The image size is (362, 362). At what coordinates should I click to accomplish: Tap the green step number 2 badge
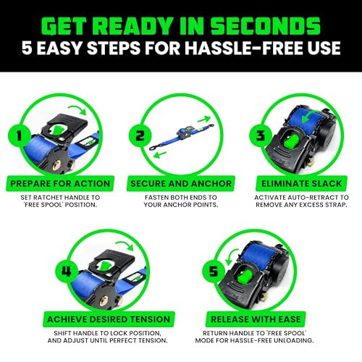click(140, 135)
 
